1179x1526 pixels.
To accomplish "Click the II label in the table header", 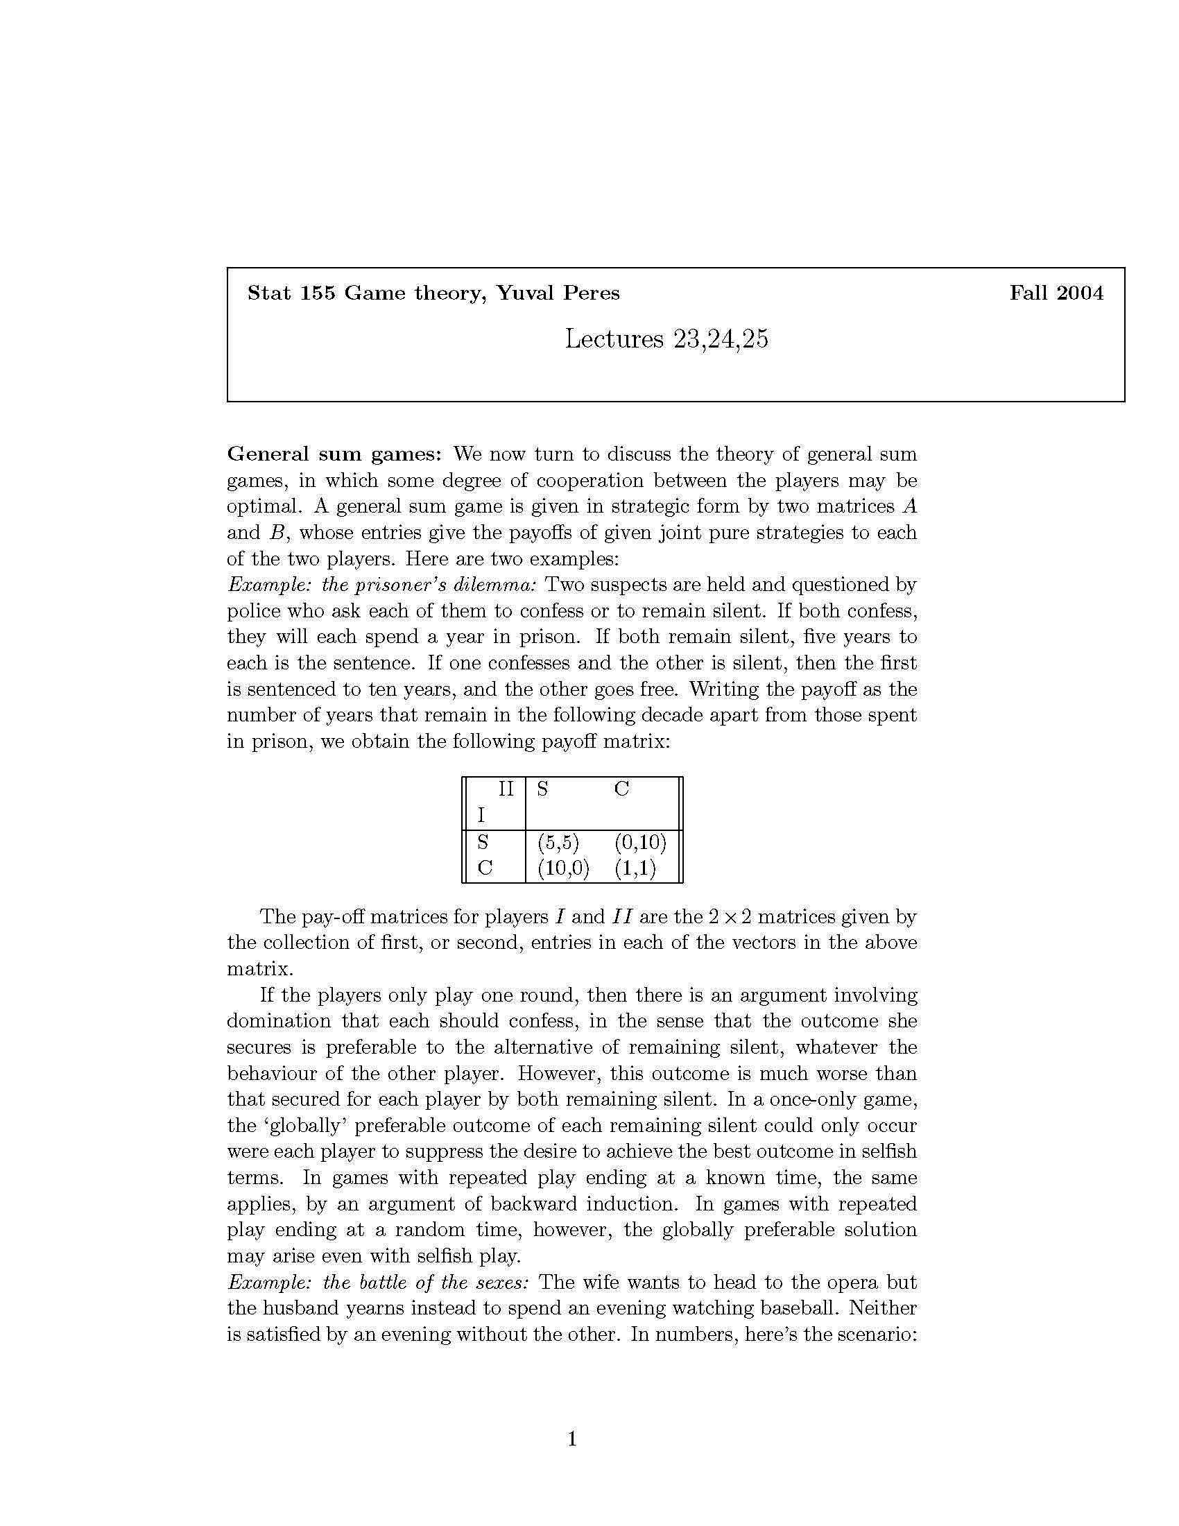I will coord(505,789).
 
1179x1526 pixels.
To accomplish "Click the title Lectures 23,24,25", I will coord(666,339).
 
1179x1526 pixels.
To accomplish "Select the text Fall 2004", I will coord(1056,293).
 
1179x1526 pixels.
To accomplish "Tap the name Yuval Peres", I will coord(558,293).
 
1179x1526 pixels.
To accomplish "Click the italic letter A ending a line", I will coord(909,506).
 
